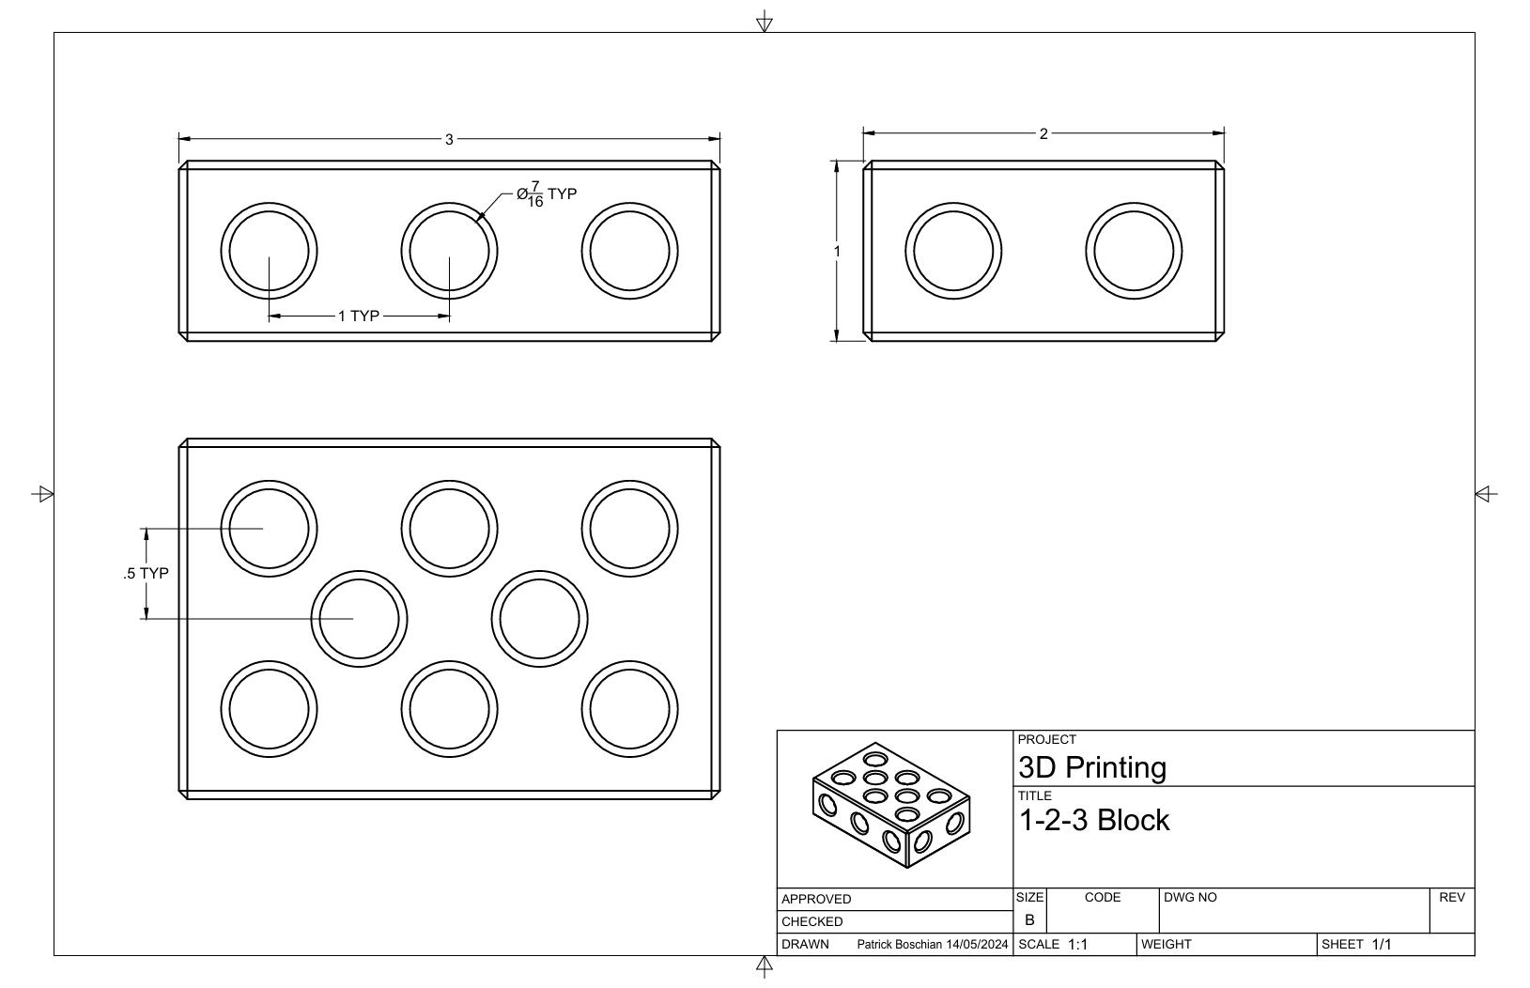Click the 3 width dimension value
click(x=449, y=139)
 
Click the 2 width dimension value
click(x=1043, y=134)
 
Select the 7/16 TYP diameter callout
click(x=547, y=194)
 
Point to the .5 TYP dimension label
click(x=146, y=573)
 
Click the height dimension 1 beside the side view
click(x=837, y=251)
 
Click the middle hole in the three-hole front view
click(x=449, y=252)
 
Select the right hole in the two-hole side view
click(x=1134, y=252)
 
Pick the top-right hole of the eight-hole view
click(x=629, y=528)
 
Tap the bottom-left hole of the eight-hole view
click(x=269, y=708)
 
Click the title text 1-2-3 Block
click(x=1094, y=820)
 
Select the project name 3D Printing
click(x=1092, y=767)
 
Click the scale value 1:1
click(x=1077, y=944)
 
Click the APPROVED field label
click(x=816, y=899)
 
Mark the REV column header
click(x=1451, y=897)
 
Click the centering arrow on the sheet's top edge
click(x=765, y=21)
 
